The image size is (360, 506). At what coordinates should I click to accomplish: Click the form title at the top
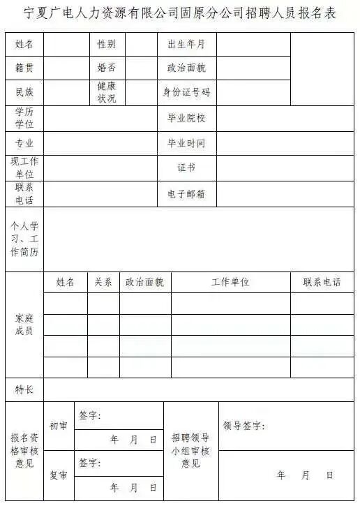pos(179,14)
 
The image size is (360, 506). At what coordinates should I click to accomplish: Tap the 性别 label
pos(107,44)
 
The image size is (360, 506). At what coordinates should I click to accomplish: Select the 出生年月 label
pos(186,44)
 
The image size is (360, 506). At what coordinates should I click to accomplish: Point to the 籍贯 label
pos(24,68)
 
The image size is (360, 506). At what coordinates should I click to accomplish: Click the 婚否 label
pos(107,68)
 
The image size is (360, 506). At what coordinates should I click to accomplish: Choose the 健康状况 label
pos(107,92)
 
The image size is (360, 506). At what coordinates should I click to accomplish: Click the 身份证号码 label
pos(186,92)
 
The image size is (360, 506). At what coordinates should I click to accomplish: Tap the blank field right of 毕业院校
pos(285,118)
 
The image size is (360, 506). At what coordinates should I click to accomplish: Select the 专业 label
pos(24,143)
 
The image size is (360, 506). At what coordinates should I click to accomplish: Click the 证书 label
pos(186,168)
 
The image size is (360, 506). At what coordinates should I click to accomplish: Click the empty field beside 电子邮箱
pos(285,194)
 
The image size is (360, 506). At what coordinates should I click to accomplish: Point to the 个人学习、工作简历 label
pos(24,239)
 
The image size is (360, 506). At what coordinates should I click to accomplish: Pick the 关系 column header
pos(103,283)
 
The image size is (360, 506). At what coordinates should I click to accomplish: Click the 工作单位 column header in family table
pos(230,283)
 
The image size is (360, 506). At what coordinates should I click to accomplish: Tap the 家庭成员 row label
pos(24,325)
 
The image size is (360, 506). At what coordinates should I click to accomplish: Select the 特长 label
pos(24,389)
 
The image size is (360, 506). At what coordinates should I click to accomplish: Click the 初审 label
pos(59,425)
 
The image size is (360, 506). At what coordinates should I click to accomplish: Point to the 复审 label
pos(59,475)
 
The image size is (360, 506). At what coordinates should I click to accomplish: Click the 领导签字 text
pos(243,426)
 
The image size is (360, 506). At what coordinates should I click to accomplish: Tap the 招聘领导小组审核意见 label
pos(190,450)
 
